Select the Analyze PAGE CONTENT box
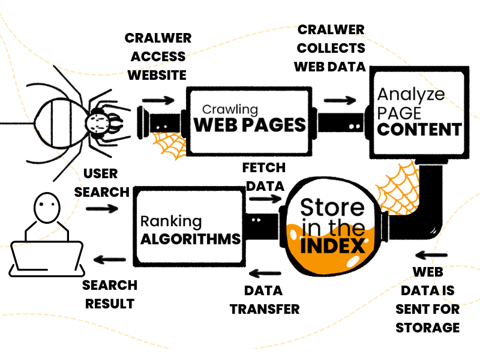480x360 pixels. pyautogui.click(x=418, y=114)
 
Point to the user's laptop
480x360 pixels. pyautogui.click(x=47, y=256)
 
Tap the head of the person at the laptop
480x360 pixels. pyautogui.click(x=46, y=208)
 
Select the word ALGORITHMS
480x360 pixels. pyautogui.click(x=190, y=238)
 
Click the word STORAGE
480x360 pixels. pyautogui.click(x=428, y=328)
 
